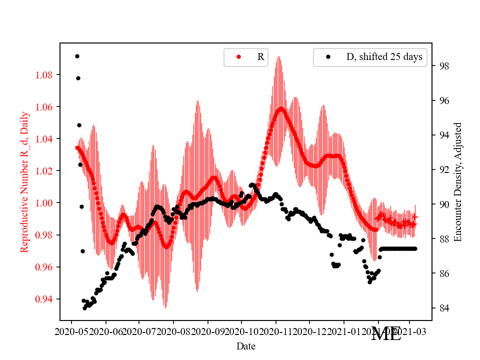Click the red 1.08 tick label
[44, 75]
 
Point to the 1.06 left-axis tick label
[44, 107]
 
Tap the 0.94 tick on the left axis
[44, 299]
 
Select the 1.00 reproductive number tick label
[44, 203]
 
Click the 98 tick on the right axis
[444, 66]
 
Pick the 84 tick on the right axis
[444, 308]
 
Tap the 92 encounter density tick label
[444, 169]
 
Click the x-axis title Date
[246, 345]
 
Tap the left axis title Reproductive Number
[24, 182]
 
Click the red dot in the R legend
[238, 57]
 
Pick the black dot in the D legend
[328, 57]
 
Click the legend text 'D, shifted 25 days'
[384, 57]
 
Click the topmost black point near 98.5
[77, 56]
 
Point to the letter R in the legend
[260, 57]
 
